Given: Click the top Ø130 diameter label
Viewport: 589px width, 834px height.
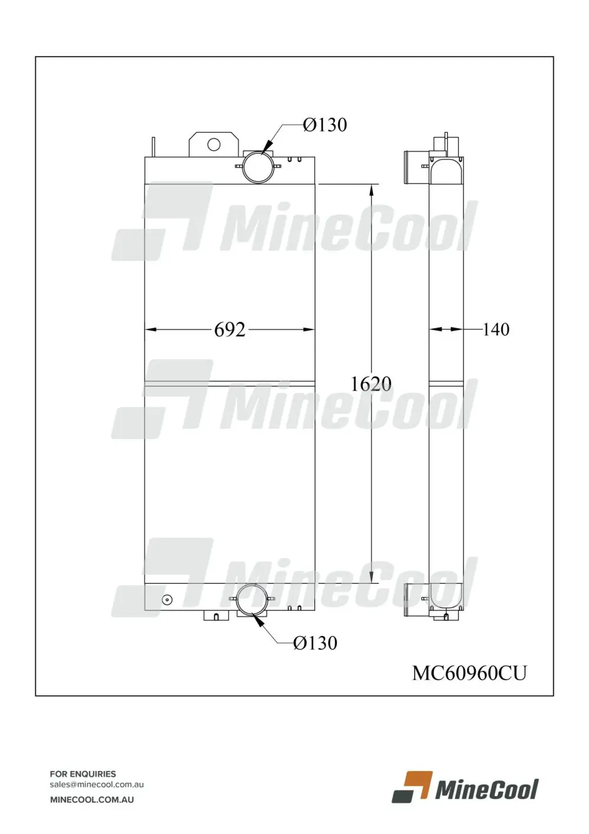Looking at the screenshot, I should pos(325,125).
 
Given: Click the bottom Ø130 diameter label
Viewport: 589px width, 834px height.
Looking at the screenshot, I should pos(315,643).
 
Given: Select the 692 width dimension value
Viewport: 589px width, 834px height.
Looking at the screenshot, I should pos(230,329).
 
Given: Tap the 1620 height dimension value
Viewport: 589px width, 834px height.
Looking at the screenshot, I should pos(371,384).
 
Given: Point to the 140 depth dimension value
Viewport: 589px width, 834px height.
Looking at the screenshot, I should pos(495,329).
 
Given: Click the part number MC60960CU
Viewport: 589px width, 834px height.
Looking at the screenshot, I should pos(469,673).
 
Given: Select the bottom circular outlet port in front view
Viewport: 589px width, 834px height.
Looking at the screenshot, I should pos(252,599).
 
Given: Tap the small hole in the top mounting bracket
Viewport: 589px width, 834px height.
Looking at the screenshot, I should pos(214,144).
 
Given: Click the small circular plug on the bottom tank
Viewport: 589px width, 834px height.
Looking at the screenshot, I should pos(167,600).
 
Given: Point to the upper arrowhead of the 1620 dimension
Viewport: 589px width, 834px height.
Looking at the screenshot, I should pos(372,190).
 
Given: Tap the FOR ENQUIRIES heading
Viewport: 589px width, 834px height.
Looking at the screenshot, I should pos(83,774).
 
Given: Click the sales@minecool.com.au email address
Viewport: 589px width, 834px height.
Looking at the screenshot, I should pos(97,784).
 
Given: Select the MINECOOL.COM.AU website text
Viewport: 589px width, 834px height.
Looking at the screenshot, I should pos(92,800).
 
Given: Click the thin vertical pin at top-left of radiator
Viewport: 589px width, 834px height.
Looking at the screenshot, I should pos(154,147).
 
